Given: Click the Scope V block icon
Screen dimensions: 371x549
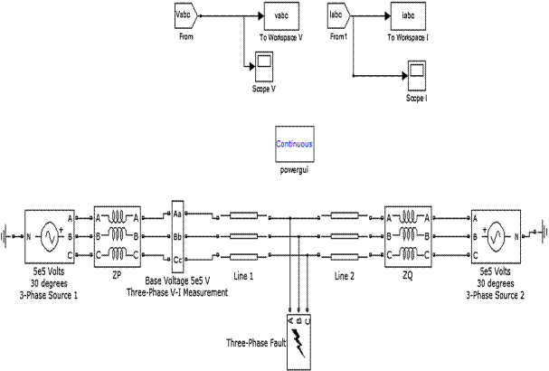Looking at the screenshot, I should pos(262,64).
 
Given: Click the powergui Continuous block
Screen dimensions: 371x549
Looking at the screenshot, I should pos(294,144).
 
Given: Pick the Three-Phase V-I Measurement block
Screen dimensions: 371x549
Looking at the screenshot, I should pos(177,233).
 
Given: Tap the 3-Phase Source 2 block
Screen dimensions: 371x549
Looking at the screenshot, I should pos(494,235).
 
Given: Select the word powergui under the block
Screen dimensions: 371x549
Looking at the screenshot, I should pos(294,168).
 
